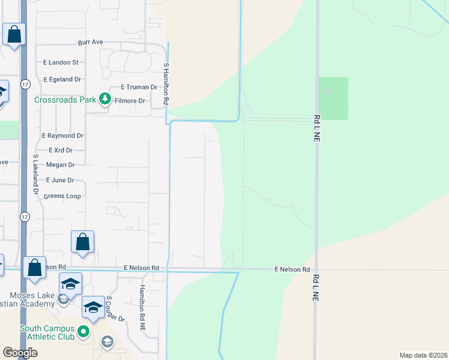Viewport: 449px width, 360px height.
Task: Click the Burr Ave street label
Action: click(91, 43)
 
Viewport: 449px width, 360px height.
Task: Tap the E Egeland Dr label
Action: click(62, 79)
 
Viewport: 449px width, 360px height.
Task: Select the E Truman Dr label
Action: click(139, 87)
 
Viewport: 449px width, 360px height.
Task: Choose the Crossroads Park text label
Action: click(65, 100)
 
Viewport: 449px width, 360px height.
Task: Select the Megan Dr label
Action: click(60, 165)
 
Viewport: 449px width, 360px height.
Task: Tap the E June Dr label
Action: click(60, 180)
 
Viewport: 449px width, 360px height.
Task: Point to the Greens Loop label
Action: click(63, 196)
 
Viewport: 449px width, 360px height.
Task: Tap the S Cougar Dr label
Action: click(115, 308)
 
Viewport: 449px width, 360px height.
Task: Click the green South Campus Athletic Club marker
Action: click(84, 331)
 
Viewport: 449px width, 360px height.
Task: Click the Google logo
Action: click(20, 353)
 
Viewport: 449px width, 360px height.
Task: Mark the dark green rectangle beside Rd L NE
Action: click(333, 98)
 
